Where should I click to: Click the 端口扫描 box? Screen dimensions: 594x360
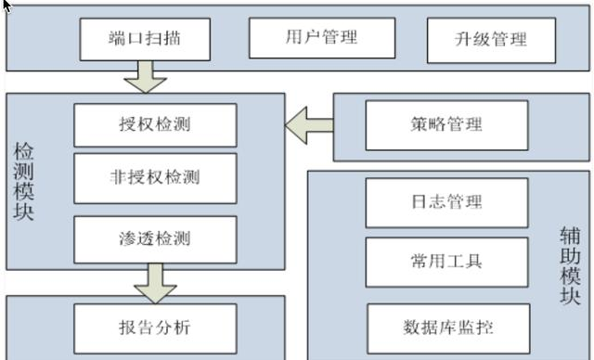coord(145,39)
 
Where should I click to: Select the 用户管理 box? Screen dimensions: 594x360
coord(322,38)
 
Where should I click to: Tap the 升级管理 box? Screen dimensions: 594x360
coord(491,40)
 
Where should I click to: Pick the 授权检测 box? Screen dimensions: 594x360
coord(155,125)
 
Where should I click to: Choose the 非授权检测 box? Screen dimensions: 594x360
coord(155,178)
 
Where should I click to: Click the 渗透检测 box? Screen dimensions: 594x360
coord(155,239)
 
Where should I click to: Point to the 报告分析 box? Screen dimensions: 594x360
coord(155,328)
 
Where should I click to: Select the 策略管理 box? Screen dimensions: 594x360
coord(447,125)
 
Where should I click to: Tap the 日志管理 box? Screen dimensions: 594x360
coord(447,203)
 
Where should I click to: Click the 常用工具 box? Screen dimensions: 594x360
coord(447,263)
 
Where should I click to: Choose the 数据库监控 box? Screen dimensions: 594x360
coord(448,328)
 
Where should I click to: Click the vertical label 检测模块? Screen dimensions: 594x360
coord(23,181)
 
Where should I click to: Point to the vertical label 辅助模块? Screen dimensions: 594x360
coord(570,265)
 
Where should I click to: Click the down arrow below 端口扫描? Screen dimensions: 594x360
coord(146,77)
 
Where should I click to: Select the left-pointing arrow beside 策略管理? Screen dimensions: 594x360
coord(309,125)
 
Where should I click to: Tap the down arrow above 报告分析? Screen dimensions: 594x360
coord(155,284)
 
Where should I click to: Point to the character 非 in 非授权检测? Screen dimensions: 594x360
coord(119,177)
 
